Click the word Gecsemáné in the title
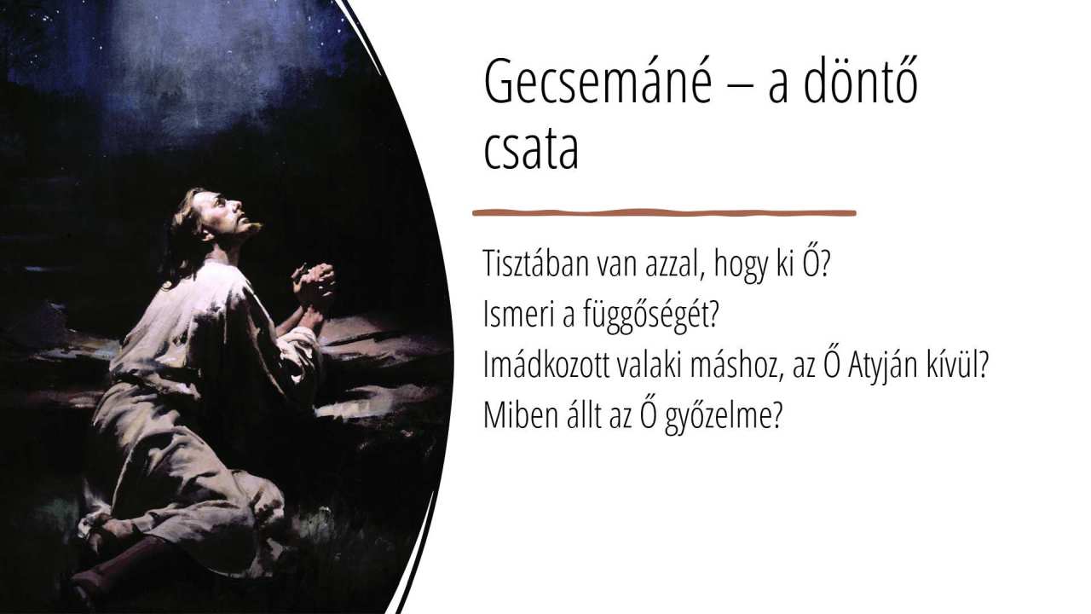pos(597,81)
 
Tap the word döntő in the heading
pos(860,80)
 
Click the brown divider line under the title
pos(664,213)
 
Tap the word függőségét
pos(651,316)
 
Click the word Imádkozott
pos(546,365)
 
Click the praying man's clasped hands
pos(315,283)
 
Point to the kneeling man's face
pos(227,212)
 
